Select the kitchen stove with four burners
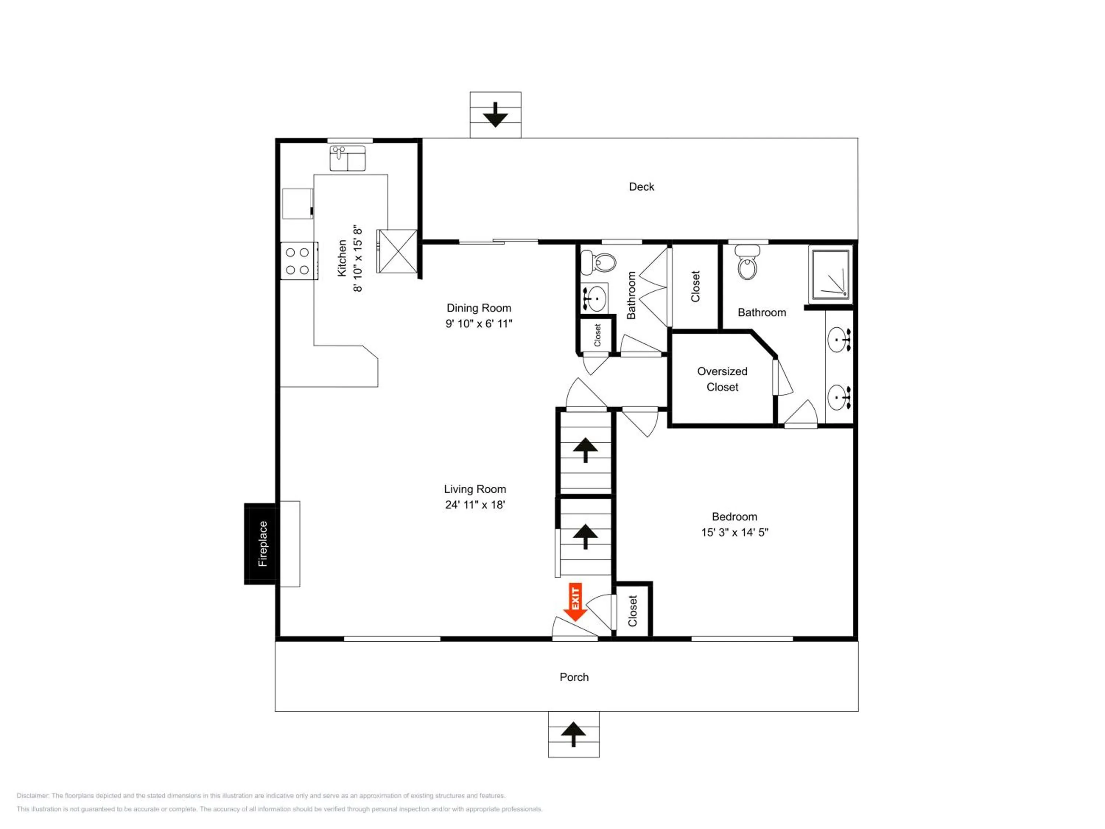click(298, 260)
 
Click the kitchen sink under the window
click(347, 158)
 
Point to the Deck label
click(641, 187)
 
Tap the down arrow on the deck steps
click(495, 115)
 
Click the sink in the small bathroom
click(594, 298)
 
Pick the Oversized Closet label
click(722, 379)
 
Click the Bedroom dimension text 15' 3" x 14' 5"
click(734, 532)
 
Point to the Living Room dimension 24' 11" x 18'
click(474, 505)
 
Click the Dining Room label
click(478, 308)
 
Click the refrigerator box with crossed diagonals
click(397, 251)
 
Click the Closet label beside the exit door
click(632, 611)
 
